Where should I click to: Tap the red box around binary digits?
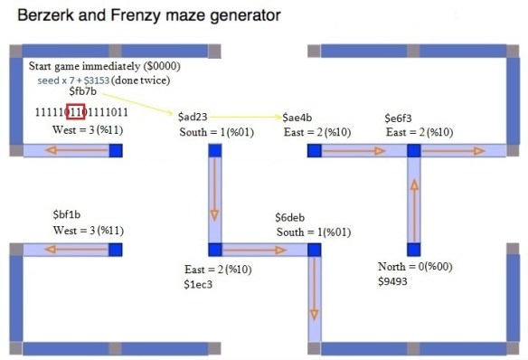74,112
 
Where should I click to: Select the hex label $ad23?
196,118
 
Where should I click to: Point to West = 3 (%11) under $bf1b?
88,231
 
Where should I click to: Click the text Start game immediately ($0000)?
104,67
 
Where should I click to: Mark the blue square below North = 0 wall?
414,249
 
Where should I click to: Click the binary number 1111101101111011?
80,112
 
